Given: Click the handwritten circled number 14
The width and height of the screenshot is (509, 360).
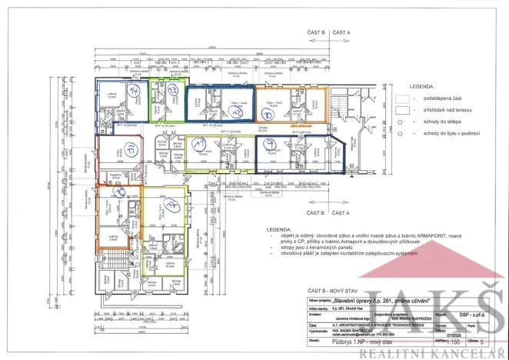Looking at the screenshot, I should point(131,91).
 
